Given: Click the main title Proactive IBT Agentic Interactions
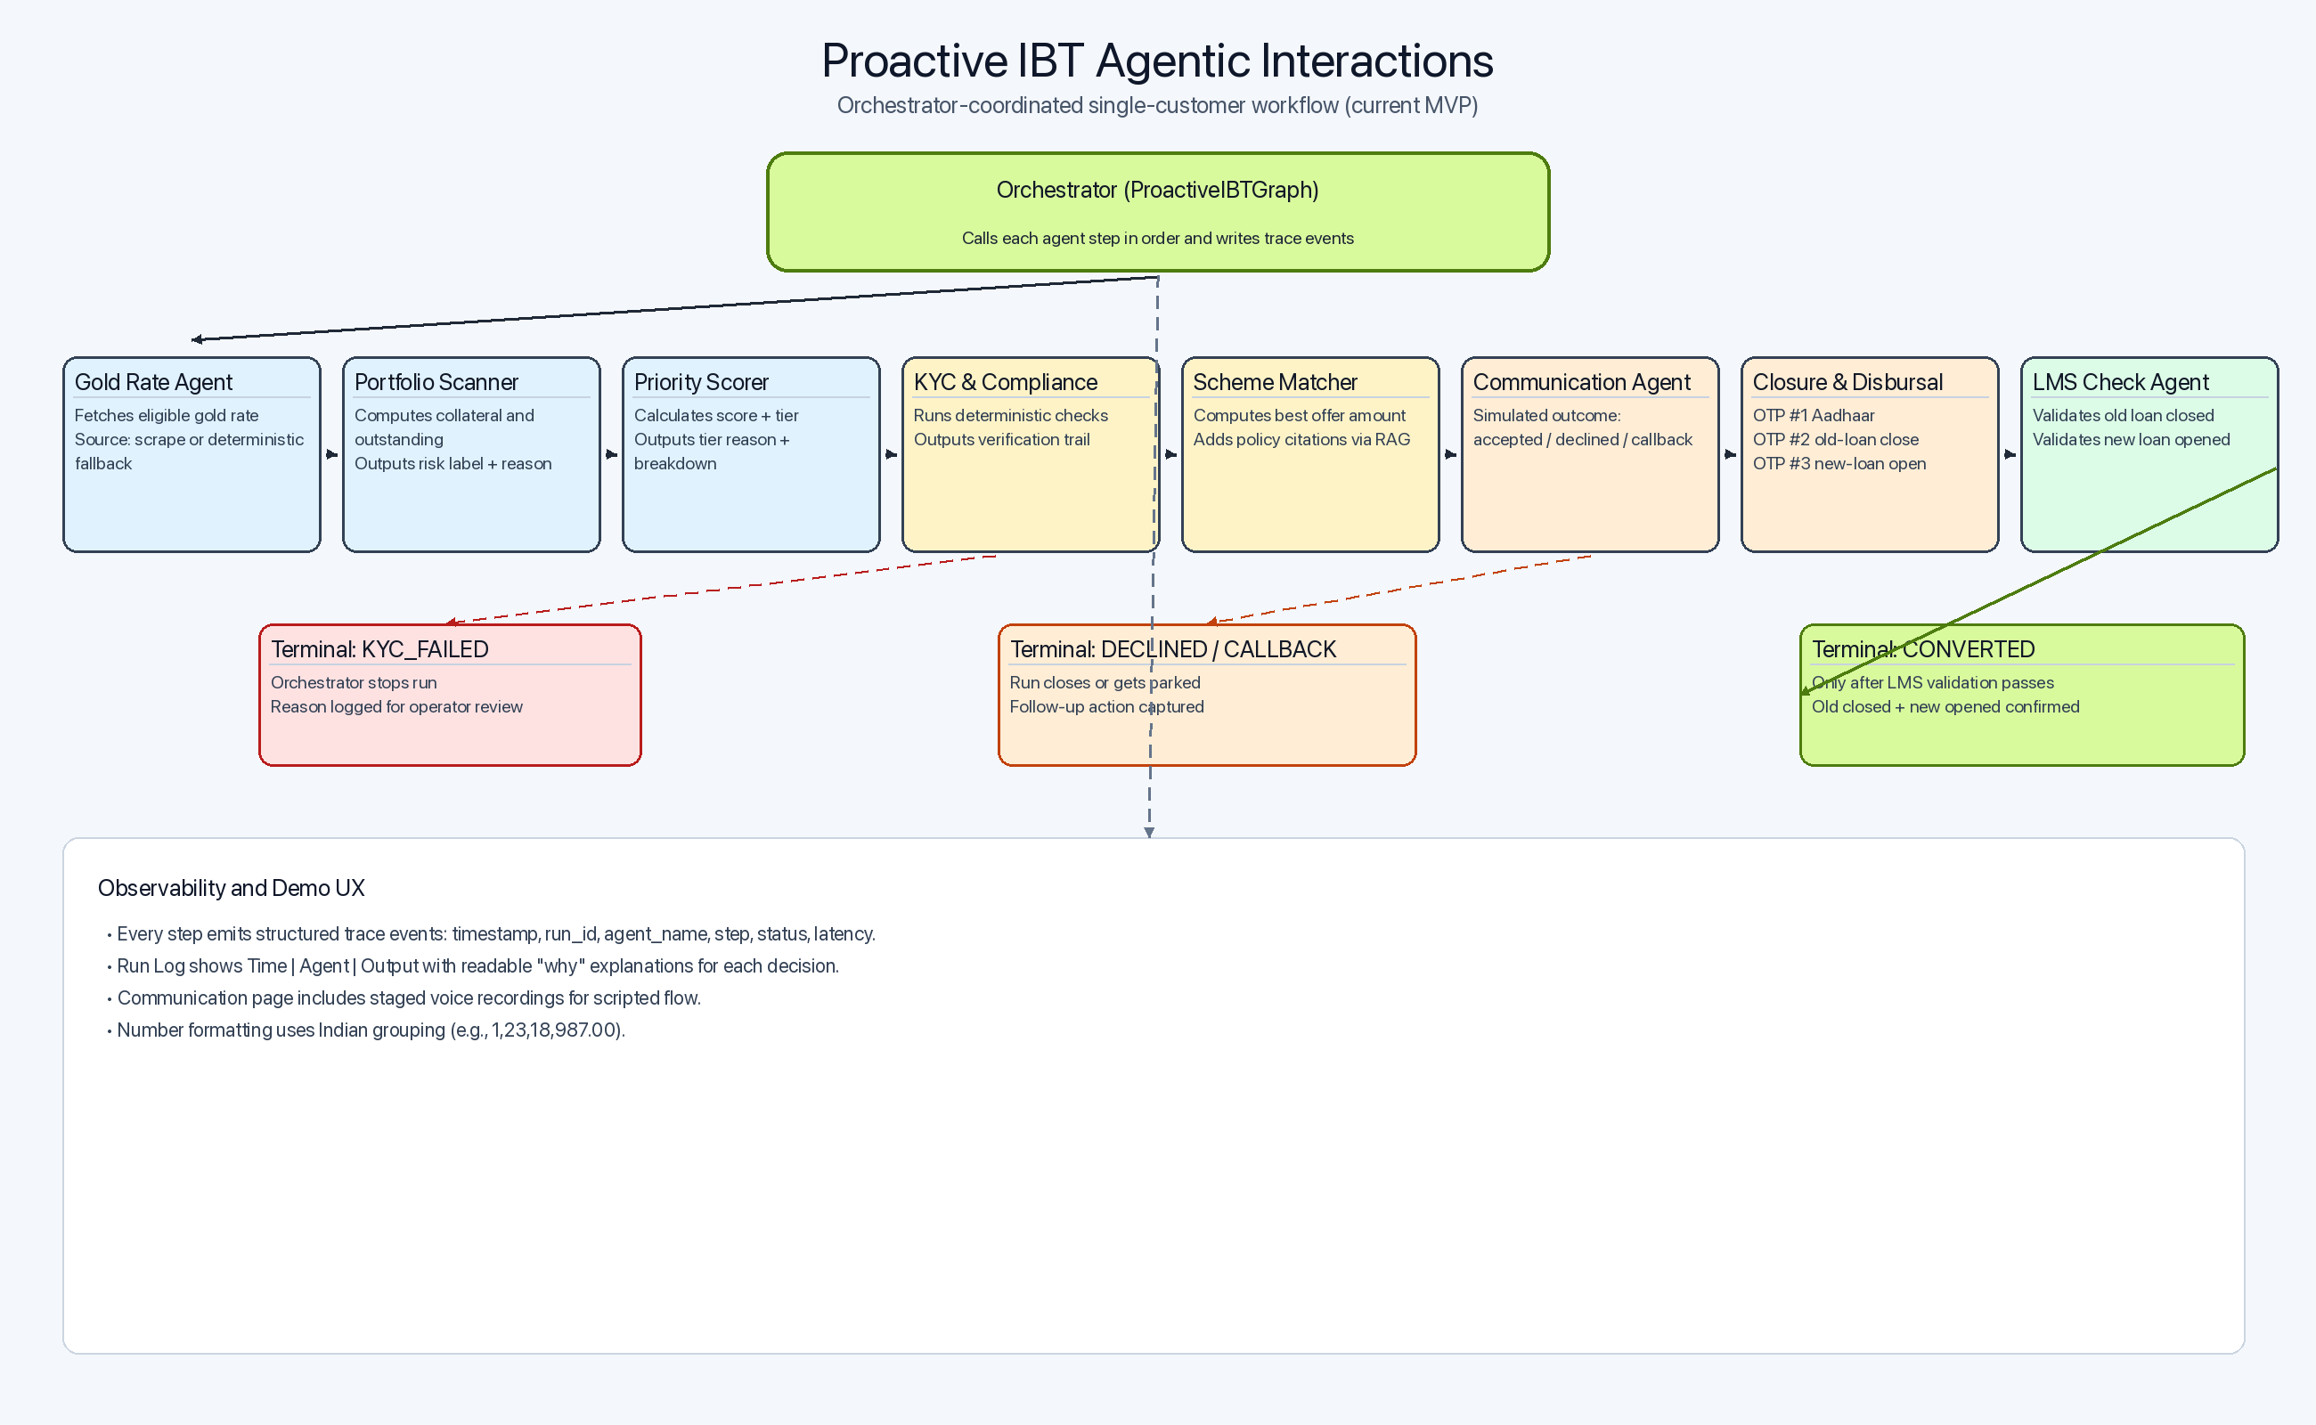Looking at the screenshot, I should pos(1156,61).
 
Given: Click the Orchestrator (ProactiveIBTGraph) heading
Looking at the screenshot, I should pos(1156,191).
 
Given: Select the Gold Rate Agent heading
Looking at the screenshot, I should pos(153,383).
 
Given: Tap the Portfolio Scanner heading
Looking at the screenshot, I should pos(436,383).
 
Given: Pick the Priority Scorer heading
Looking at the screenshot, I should pos(700,383).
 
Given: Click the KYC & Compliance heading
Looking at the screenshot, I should pos(1005,383).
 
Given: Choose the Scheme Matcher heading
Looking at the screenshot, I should pos(1275,383).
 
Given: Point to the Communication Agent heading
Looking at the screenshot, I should pos(1581,383).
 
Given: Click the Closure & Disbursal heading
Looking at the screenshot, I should pos(1847,383).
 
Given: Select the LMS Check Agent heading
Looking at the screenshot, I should pos(2120,383).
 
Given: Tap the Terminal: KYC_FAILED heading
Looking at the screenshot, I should pos(379,649).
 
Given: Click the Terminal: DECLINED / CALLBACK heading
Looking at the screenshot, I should pos(1172,649).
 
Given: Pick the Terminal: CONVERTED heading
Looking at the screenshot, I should pos(1923,649).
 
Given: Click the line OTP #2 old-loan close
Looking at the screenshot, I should pos(1834,440).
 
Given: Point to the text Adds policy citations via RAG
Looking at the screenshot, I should pos(1301,440).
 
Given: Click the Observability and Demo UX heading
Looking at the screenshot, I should pos(231,888).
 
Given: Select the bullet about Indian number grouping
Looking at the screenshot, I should pos(370,1030).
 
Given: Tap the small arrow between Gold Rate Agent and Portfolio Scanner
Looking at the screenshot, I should pos(331,454).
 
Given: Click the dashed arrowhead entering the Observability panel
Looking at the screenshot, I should pos(1149,832).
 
